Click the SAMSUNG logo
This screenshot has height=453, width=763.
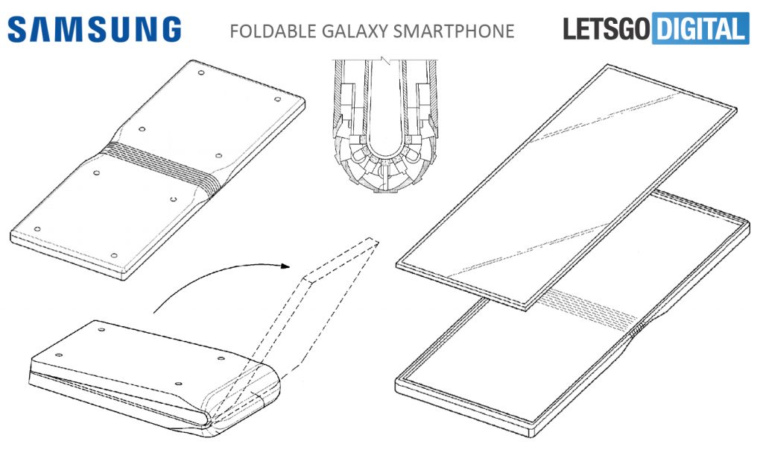coord(95,29)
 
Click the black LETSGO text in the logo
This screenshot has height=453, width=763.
coord(607,29)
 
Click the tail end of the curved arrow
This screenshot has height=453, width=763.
coord(154,312)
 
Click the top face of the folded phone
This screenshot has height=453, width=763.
coord(149,358)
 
